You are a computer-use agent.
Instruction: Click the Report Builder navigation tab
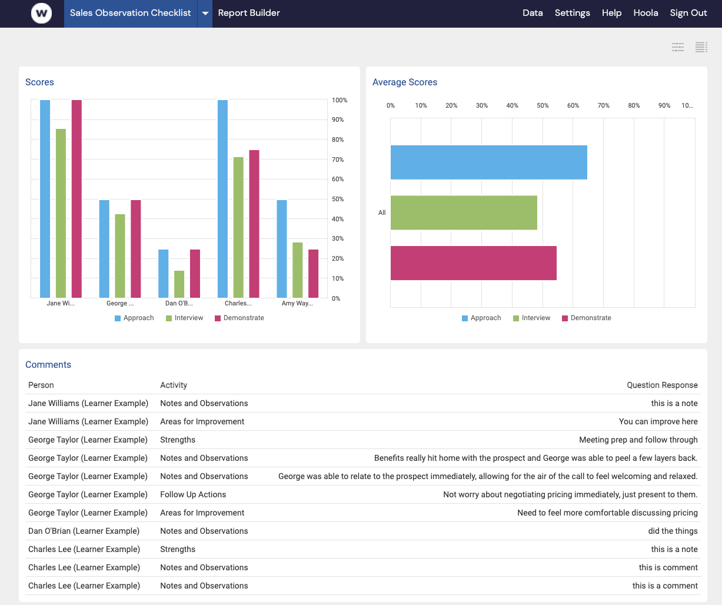[248, 13]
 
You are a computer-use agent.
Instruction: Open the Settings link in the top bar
[572, 13]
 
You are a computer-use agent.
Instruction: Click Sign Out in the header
[688, 13]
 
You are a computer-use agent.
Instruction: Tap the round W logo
[41, 13]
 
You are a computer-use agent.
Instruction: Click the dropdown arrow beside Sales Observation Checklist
[205, 13]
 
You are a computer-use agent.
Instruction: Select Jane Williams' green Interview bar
[61, 213]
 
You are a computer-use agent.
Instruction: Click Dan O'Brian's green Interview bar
[179, 284]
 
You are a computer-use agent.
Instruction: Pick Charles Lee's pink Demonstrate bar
[254, 224]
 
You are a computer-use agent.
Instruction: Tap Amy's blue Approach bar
[282, 249]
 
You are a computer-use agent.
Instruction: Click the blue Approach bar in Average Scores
[488, 162]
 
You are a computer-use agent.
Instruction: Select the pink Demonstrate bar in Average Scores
[473, 263]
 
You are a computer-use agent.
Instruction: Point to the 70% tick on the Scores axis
[338, 159]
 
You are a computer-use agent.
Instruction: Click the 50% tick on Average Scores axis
[543, 106]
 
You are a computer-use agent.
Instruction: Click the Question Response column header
[661, 385]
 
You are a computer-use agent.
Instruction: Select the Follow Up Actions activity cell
[193, 494]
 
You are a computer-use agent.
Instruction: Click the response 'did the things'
[673, 531]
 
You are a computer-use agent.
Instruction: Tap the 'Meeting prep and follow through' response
[638, 440]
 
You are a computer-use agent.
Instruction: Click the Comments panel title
[48, 365]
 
